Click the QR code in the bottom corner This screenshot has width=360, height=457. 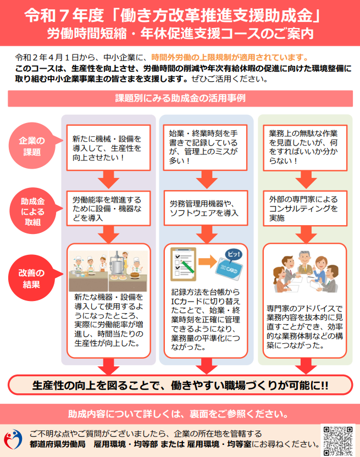(338, 441)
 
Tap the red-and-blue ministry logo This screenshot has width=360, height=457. (13, 439)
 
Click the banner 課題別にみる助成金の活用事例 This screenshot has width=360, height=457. (180, 98)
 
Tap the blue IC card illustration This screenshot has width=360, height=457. (229, 269)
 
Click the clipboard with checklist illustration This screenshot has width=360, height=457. (183, 264)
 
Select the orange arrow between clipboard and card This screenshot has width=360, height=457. (207, 261)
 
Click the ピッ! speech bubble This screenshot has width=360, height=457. (234, 254)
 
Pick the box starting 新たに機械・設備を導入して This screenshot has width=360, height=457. (108, 148)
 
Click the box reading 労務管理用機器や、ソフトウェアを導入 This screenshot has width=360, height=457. (206, 208)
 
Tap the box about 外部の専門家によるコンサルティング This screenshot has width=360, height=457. (305, 208)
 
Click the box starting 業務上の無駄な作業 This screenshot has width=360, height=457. (305, 148)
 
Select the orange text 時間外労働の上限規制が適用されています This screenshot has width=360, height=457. (230, 58)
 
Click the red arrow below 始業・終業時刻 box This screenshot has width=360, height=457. (207, 180)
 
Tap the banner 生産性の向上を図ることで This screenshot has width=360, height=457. (180, 385)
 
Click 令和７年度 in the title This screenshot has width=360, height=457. (64, 15)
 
